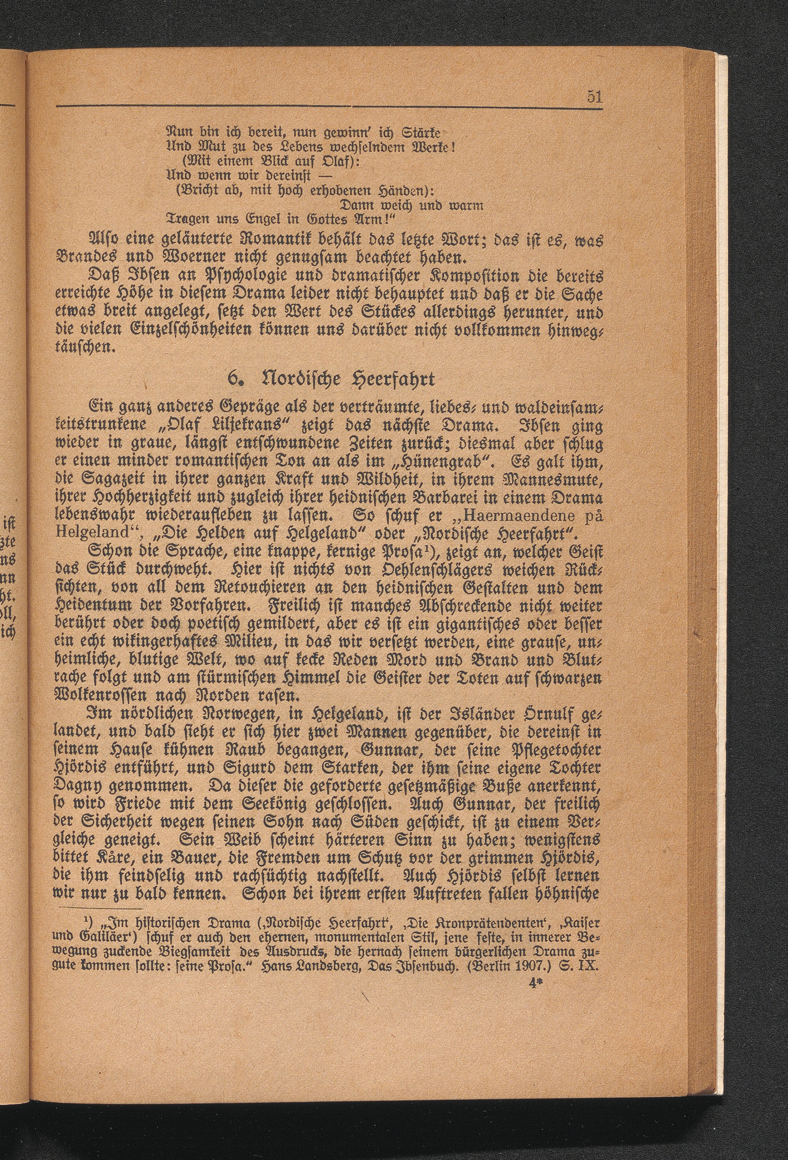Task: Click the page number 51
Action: click(x=594, y=97)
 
